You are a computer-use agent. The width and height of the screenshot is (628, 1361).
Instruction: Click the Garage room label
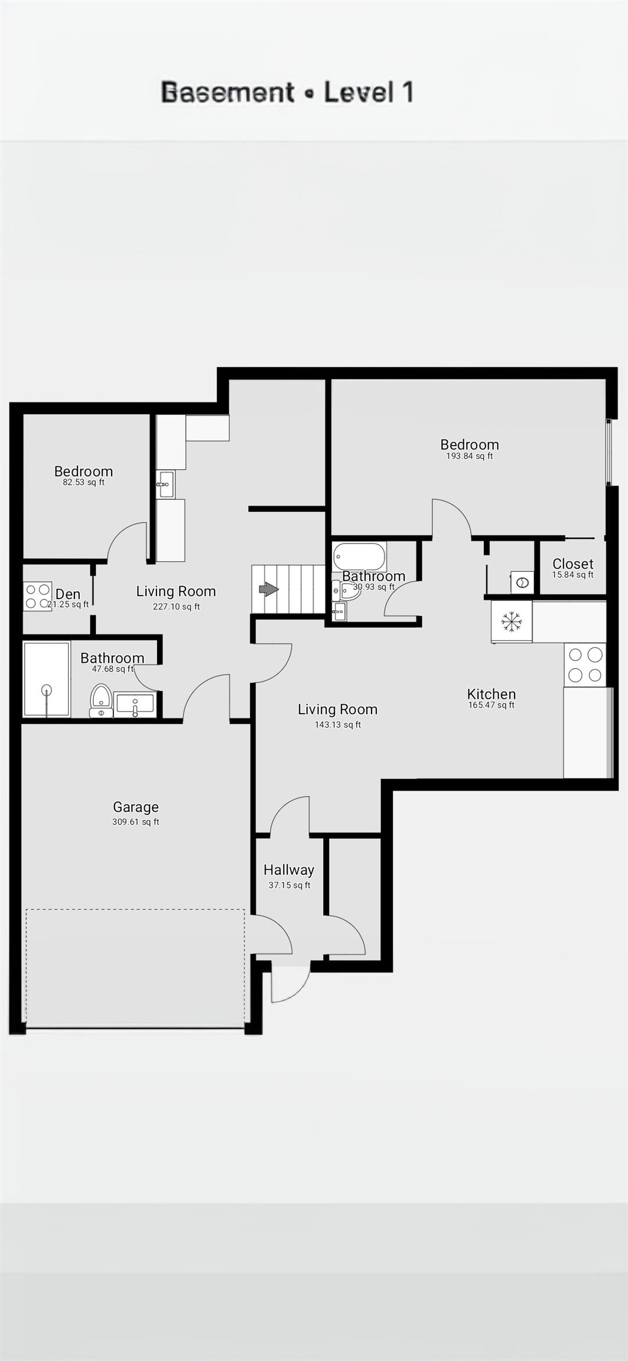pos(135,807)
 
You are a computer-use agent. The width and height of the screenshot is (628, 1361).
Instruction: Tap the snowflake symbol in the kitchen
pos(512,621)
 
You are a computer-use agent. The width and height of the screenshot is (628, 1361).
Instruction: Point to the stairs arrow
pos(269,589)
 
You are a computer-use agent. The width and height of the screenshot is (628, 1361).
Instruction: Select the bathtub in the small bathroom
pos(359,556)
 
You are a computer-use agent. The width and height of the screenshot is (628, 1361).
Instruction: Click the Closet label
pos(572,564)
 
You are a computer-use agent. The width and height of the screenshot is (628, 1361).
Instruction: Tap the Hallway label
pos(288,870)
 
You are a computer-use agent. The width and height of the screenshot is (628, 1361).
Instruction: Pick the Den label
pos(68,594)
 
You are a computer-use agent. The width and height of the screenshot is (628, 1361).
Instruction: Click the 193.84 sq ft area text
pos(469,456)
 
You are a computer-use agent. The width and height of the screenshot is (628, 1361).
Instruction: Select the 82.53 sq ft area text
pos(83,482)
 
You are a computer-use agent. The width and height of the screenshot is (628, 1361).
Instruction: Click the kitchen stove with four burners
pos(585,665)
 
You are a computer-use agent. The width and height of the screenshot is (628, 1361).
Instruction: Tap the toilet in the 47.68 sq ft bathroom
pos(101,700)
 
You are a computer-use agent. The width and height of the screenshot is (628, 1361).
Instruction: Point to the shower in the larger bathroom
pos(46,679)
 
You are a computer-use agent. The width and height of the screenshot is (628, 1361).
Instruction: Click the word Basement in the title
pos(227,93)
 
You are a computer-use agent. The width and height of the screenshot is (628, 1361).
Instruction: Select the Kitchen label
pos(491,694)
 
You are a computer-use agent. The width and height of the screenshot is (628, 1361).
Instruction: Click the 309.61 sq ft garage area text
pos(135,822)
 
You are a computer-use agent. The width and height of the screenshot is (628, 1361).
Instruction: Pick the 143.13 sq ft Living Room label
pos(337,709)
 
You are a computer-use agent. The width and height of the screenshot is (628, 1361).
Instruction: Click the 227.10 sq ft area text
pos(176,607)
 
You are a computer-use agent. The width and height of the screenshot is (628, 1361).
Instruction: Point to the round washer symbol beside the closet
pos(522,582)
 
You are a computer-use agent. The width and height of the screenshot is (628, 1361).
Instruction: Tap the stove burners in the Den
pos(37,596)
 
